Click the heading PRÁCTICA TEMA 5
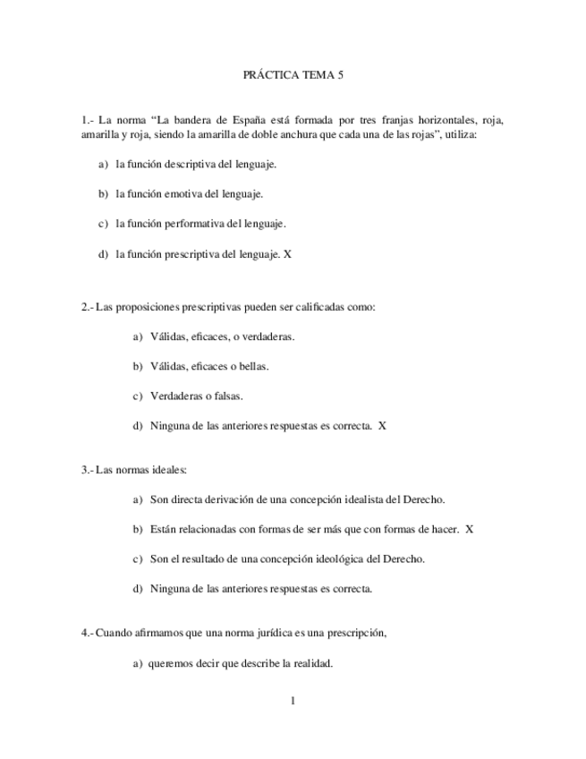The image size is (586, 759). point(293,77)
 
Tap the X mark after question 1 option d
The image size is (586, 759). point(287,254)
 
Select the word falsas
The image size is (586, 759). point(225,397)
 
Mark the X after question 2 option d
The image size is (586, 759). point(382,426)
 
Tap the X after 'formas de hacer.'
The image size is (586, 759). point(470,529)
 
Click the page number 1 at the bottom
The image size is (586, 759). point(293,700)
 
